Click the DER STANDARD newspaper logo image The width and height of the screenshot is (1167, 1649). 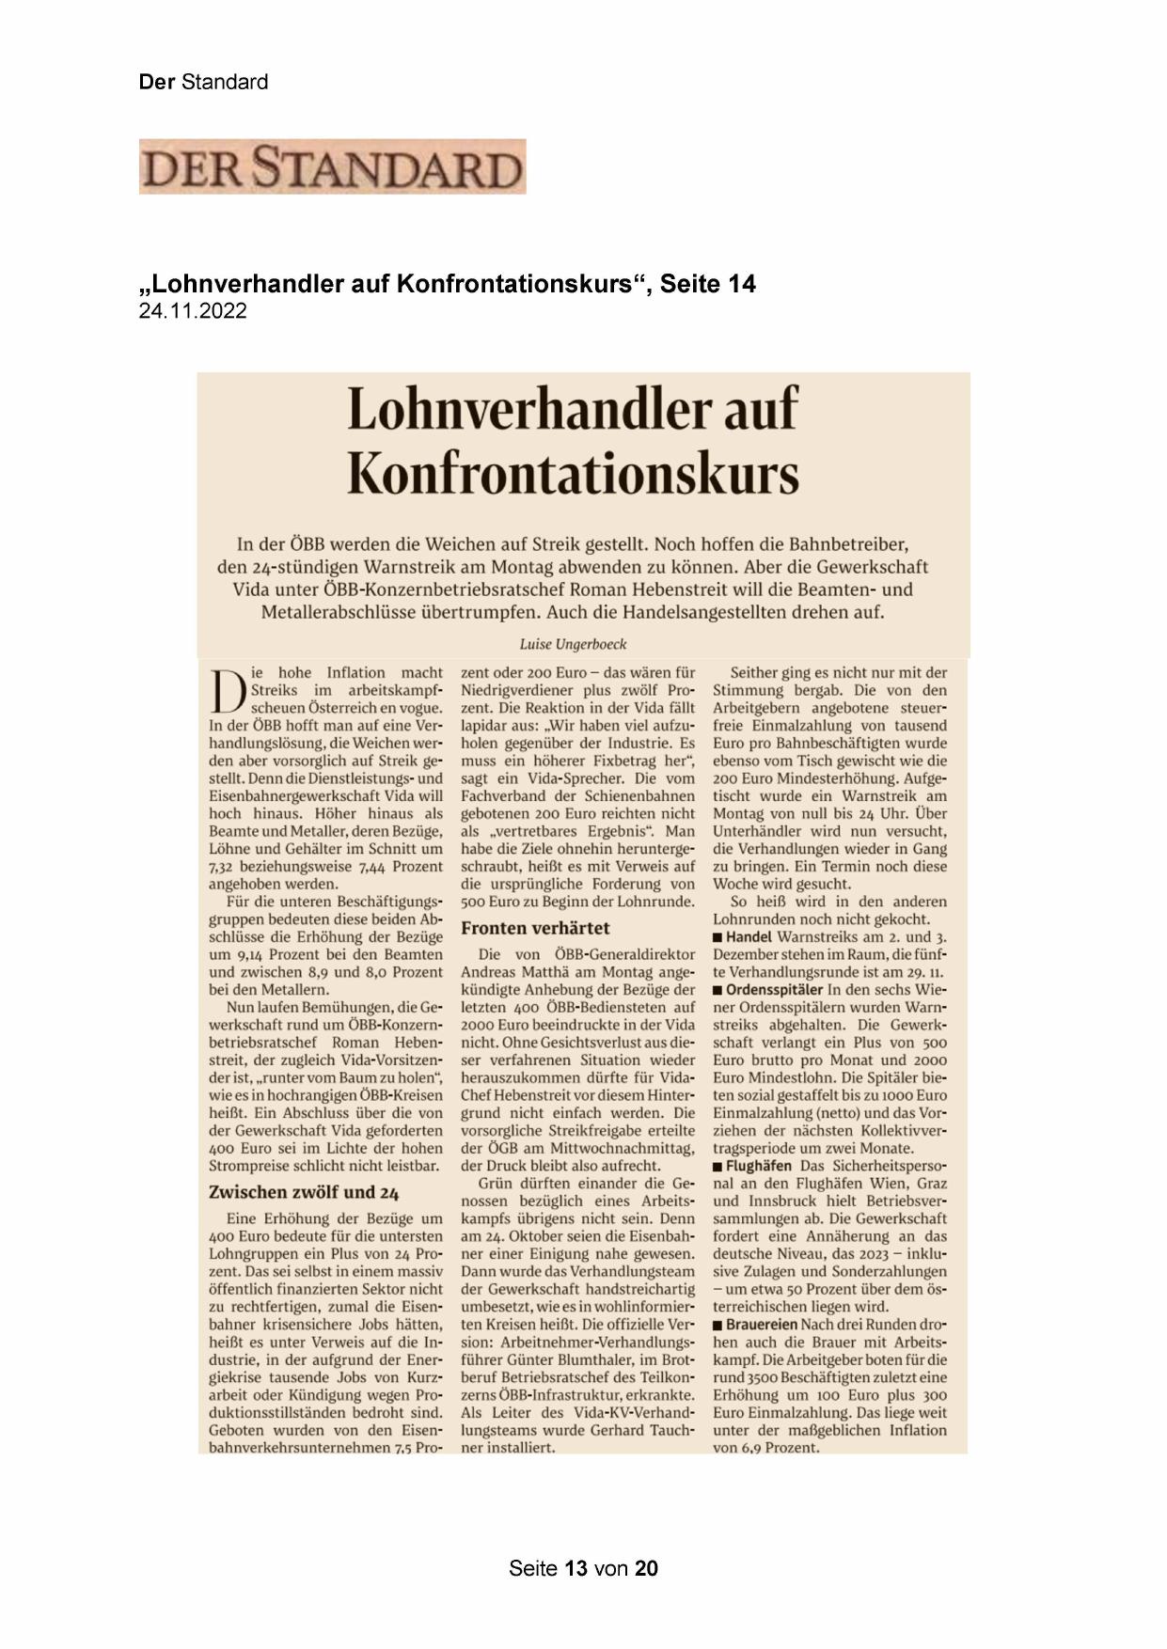(x=332, y=167)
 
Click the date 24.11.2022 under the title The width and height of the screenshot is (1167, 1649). (x=193, y=311)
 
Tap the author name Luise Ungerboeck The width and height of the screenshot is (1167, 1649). (x=573, y=644)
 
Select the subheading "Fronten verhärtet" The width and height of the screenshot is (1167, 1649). (x=535, y=928)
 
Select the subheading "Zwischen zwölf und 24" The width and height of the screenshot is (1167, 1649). (x=304, y=1192)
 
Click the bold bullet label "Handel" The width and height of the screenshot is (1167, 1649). (x=749, y=937)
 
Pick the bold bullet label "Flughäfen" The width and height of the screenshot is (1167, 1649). (x=758, y=1166)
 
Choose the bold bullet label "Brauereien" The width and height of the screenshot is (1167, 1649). (x=762, y=1324)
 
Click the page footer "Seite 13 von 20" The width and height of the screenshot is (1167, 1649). (x=583, y=1568)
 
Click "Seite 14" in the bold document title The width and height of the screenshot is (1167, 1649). (x=708, y=283)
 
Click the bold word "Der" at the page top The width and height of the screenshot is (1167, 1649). (x=157, y=82)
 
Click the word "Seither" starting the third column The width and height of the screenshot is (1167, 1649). (x=756, y=673)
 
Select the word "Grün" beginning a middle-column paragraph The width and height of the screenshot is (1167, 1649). (x=496, y=1184)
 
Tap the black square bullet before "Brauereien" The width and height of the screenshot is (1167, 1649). (x=718, y=1325)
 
